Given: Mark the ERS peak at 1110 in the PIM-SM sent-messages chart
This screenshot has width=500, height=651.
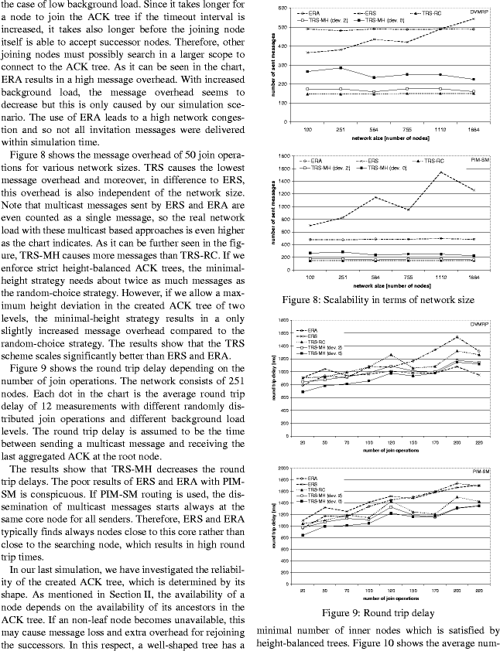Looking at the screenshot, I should coord(440,172).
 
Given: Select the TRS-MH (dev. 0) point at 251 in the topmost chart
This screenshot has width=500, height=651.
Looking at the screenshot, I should coord(341,68).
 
